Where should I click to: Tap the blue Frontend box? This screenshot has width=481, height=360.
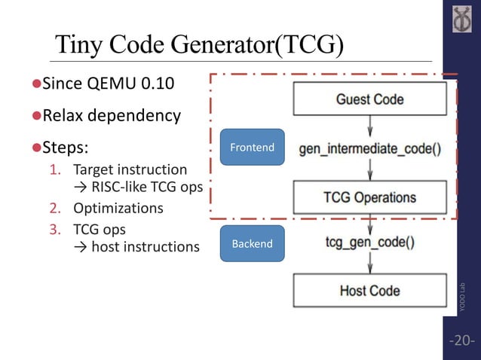252,148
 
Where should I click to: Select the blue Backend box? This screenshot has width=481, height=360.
252,244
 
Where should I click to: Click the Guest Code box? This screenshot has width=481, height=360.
369,99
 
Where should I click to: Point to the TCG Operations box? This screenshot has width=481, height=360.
369,198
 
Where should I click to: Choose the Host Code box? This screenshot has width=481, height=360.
369,291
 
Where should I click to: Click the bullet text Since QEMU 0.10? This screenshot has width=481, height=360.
107,83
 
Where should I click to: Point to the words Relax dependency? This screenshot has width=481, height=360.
111,115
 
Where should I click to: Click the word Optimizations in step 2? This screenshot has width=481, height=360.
118,208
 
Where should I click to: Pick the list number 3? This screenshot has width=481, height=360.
54,228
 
